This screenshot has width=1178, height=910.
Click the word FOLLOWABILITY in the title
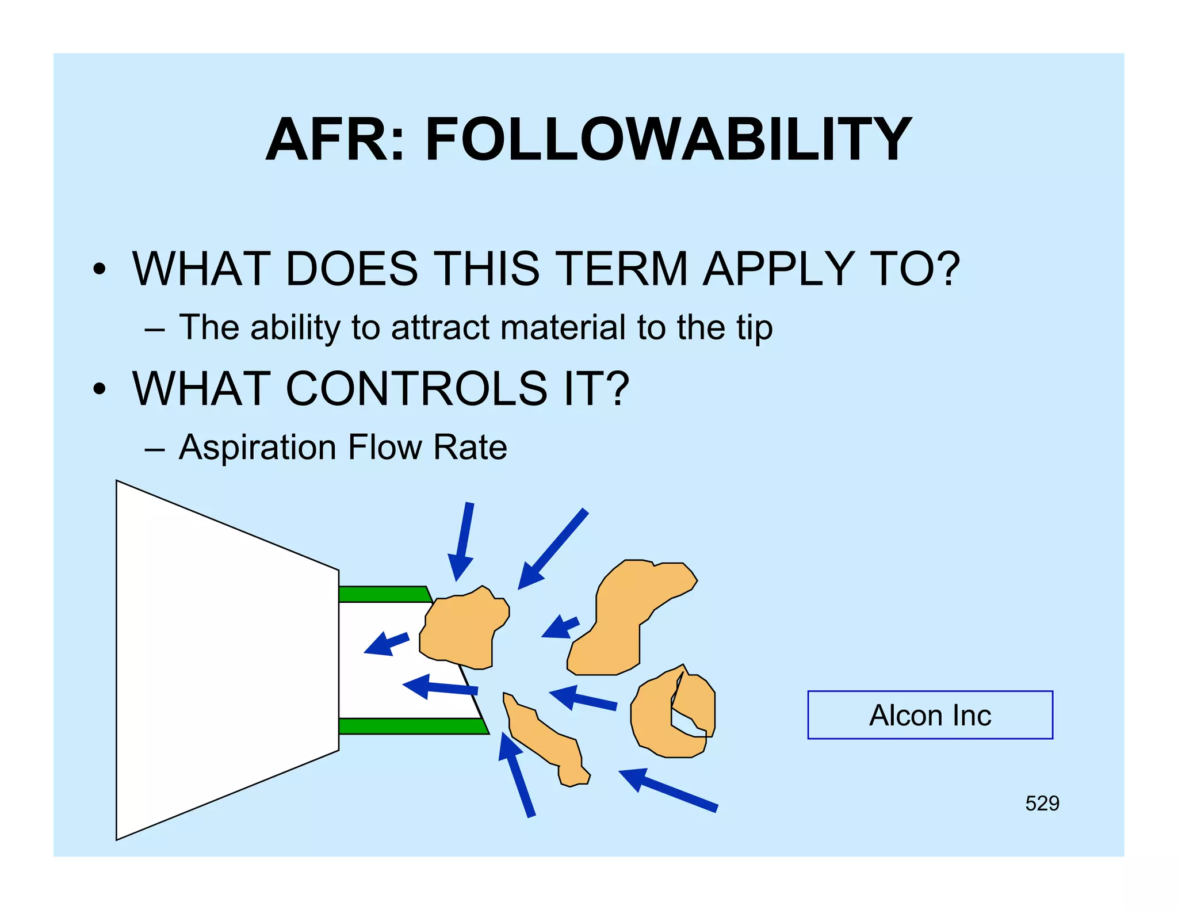pyautogui.click(x=667, y=140)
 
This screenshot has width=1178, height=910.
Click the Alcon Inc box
pyautogui.click(x=930, y=715)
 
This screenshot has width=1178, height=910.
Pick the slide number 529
pyautogui.click(x=1042, y=803)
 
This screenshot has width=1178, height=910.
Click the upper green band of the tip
pyautogui.click(x=383, y=594)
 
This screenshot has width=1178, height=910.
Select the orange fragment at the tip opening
pyautogui.click(x=463, y=630)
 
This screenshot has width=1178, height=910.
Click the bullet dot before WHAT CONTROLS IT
pyautogui.click(x=100, y=389)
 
